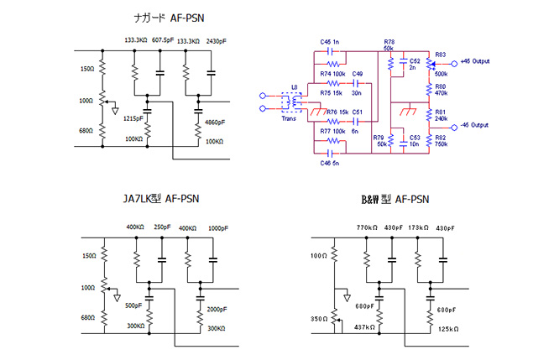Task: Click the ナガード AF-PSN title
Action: click(x=169, y=18)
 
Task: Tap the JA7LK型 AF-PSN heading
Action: click(x=161, y=199)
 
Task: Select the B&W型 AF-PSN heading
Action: click(x=395, y=199)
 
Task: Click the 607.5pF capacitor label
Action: click(x=163, y=40)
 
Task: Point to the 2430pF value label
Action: click(x=217, y=41)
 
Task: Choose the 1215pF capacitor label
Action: click(x=133, y=118)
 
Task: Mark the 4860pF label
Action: click(x=215, y=123)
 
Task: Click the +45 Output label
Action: click(x=475, y=61)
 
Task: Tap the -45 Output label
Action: click(x=474, y=125)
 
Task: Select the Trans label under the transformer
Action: click(x=289, y=118)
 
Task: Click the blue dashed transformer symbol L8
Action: click(x=291, y=102)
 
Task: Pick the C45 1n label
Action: click(x=330, y=42)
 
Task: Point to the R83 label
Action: click(x=441, y=55)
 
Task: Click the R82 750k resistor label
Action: click(x=442, y=141)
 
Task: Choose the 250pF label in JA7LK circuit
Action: click(x=162, y=227)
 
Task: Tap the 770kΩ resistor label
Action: click(x=367, y=228)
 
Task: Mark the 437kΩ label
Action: click(x=364, y=327)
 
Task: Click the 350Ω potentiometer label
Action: click(x=319, y=319)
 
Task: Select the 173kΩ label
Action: click(x=418, y=228)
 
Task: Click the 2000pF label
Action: click(x=217, y=309)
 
